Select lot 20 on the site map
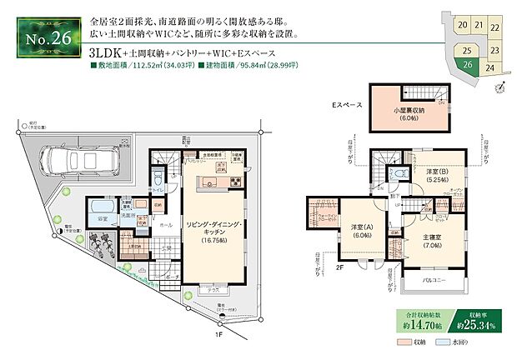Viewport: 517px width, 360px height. click(461, 26)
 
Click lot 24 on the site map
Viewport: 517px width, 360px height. click(491, 68)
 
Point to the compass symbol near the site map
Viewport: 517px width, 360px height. click(499, 85)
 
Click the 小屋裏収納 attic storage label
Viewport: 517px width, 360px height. click(409, 114)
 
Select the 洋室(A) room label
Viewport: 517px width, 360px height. click(359, 231)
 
